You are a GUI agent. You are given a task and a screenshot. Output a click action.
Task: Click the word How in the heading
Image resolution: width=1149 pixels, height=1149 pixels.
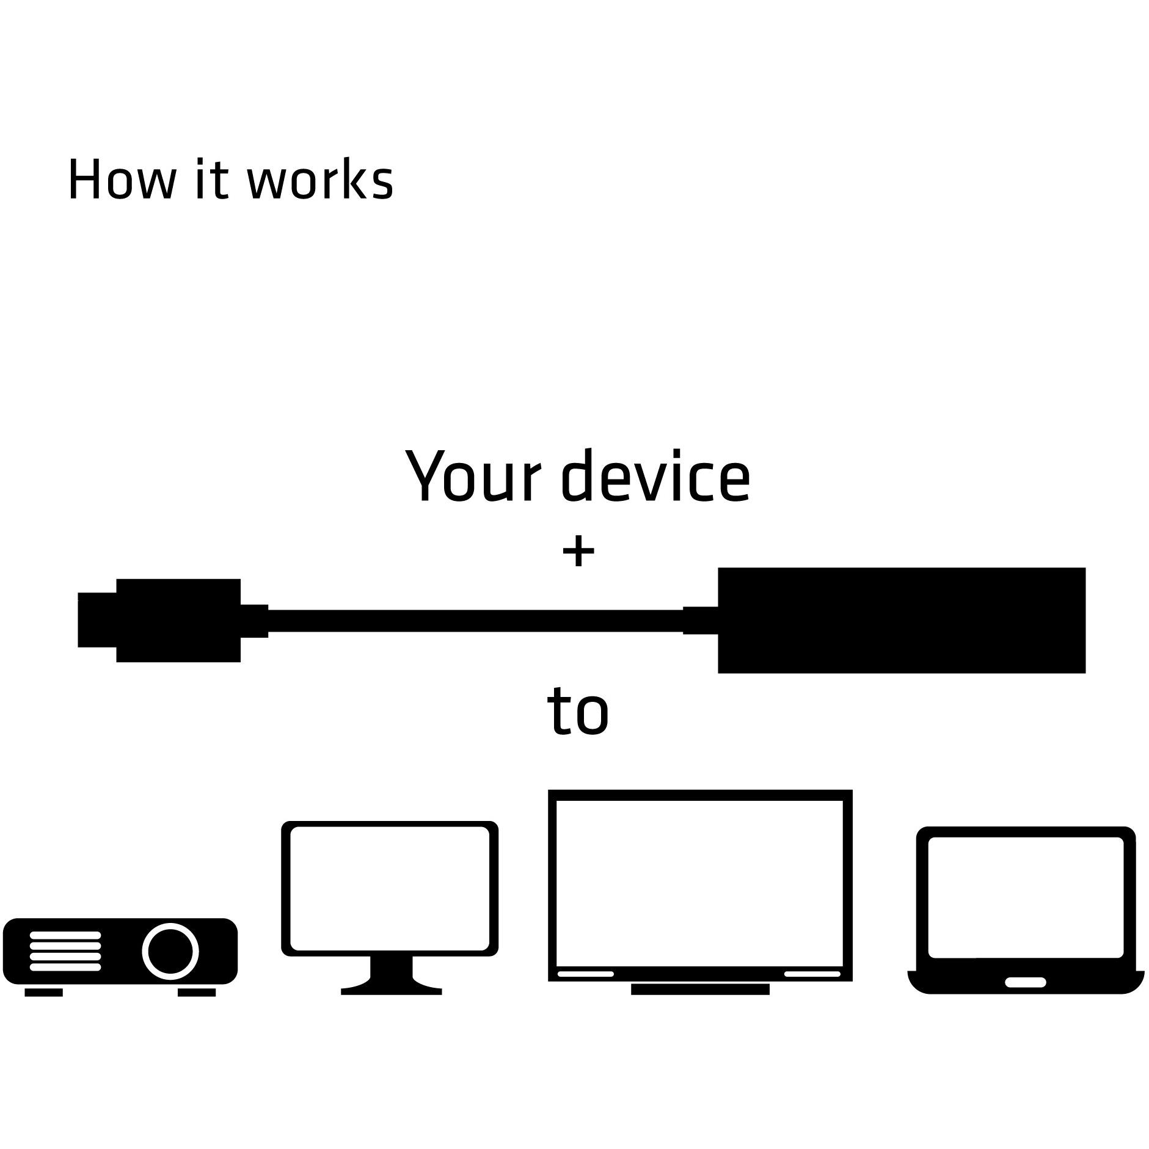120,179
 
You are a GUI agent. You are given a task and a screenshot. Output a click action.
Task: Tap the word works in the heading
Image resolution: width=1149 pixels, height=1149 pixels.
320,179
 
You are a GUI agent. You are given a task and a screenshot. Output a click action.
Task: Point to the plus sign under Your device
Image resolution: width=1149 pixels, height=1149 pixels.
578,552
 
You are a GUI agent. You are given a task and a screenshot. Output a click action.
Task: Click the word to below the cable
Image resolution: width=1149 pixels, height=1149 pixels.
578,710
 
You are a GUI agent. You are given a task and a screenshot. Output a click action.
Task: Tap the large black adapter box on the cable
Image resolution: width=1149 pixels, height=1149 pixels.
901,620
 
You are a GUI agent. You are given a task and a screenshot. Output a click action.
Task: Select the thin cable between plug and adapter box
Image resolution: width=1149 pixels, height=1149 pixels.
475,620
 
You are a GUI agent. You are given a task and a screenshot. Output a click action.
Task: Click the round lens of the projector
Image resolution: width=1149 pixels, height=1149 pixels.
170,951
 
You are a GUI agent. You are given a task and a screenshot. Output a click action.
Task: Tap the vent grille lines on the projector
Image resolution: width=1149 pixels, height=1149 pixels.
65,951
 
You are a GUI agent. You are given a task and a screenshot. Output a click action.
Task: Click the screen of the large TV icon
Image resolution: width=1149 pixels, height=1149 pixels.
700,883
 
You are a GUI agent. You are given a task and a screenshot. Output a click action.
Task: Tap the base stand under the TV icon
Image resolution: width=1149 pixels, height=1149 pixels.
700,989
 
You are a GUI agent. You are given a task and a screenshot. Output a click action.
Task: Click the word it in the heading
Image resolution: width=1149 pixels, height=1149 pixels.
211,179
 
